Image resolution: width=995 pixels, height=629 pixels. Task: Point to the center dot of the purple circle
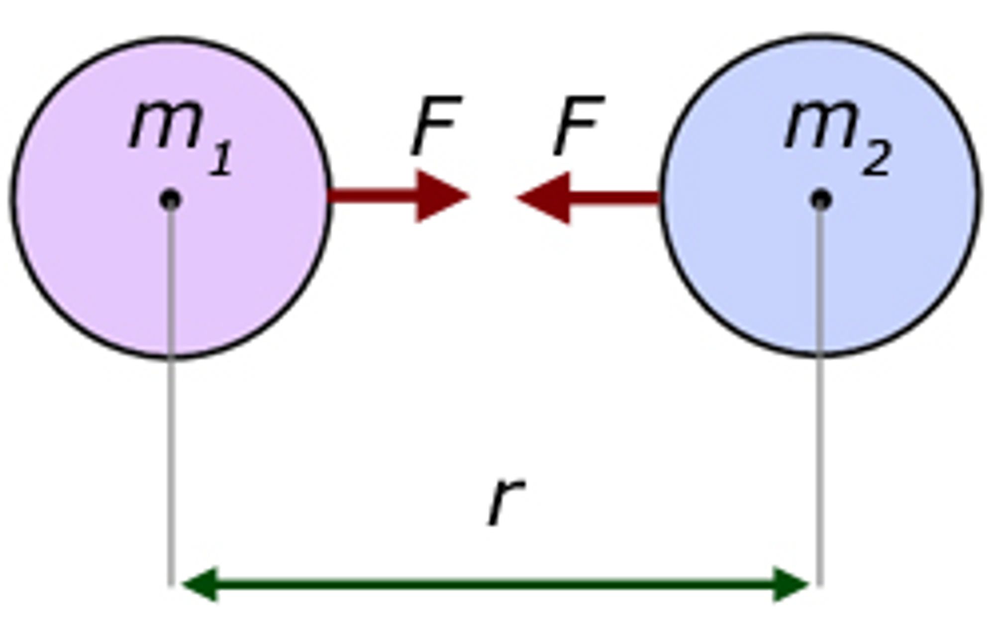pos(170,200)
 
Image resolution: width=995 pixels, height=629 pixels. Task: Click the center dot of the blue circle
pos(821,200)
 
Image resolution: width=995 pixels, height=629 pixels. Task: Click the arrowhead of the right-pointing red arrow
pos(440,197)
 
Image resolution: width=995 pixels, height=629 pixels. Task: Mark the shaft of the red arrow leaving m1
pos(373,196)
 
